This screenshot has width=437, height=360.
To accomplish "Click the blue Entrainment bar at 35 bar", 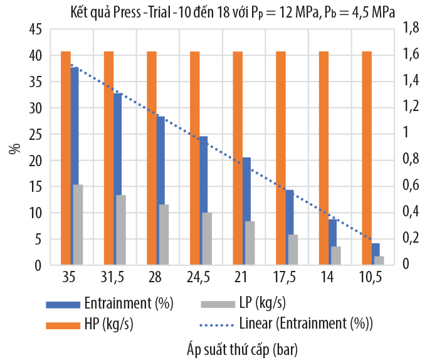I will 75,166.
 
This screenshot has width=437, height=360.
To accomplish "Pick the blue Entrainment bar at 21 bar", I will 247,211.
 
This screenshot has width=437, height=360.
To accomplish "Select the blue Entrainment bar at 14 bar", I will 333,241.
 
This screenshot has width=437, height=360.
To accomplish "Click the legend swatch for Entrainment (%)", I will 63,304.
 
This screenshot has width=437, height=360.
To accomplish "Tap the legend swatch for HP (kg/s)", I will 63,324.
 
